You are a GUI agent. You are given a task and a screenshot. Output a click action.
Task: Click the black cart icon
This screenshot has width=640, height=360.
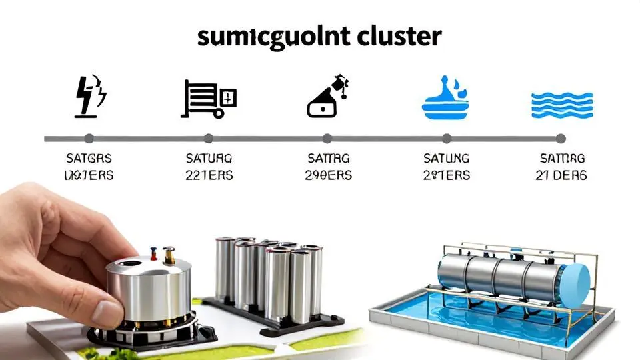(x=207, y=99)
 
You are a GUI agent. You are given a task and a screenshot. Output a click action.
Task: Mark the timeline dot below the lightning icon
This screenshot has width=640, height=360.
(x=89, y=139)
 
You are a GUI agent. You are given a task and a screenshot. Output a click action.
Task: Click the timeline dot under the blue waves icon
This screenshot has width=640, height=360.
(x=561, y=139)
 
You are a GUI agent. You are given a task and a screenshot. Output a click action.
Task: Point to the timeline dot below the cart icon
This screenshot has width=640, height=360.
(x=208, y=139)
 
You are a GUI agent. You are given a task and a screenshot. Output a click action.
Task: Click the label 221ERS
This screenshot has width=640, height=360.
(x=209, y=175)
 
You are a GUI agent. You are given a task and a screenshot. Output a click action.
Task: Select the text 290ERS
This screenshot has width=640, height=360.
(x=328, y=175)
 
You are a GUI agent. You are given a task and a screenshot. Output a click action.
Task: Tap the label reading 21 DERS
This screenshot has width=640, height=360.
(x=561, y=175)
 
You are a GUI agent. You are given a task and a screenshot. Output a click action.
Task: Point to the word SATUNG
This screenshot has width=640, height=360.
(x=447, y=159)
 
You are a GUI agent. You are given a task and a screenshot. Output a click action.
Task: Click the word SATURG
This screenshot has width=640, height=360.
(x=209, y=159)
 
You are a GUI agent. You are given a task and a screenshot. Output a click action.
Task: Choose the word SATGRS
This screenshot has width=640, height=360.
(x=89, y=159)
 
